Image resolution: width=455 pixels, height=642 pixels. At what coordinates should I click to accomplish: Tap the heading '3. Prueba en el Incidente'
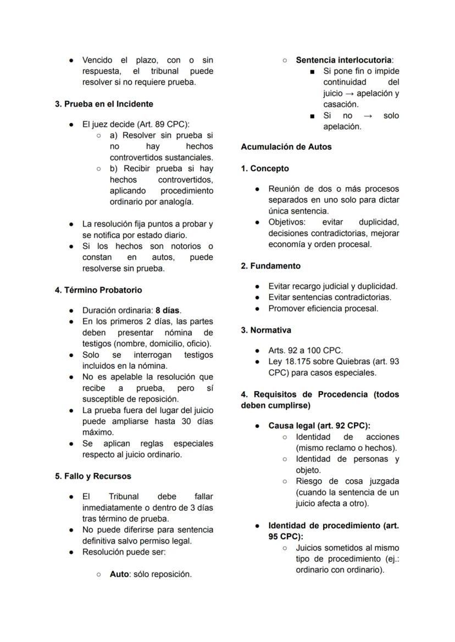[x=104, y=104]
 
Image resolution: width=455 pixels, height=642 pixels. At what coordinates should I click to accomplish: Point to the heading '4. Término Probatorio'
[x=98, y=290]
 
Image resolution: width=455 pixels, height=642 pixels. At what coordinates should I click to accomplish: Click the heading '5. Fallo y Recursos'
[x=93, y=476]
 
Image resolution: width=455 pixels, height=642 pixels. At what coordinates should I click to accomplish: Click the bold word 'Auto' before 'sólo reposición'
[x=119, y=574]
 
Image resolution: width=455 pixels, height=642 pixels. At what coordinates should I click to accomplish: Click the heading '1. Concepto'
[x=265, y=169]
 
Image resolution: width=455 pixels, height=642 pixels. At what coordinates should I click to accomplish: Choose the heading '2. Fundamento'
[x=271, y=266]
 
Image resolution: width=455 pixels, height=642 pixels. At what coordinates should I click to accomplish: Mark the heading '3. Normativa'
[x=266, y=330]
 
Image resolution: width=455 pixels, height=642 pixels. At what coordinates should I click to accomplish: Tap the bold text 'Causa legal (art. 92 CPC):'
[x=319, y=426]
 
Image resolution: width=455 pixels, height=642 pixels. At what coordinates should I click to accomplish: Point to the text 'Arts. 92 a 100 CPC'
[x=305, y=350]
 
